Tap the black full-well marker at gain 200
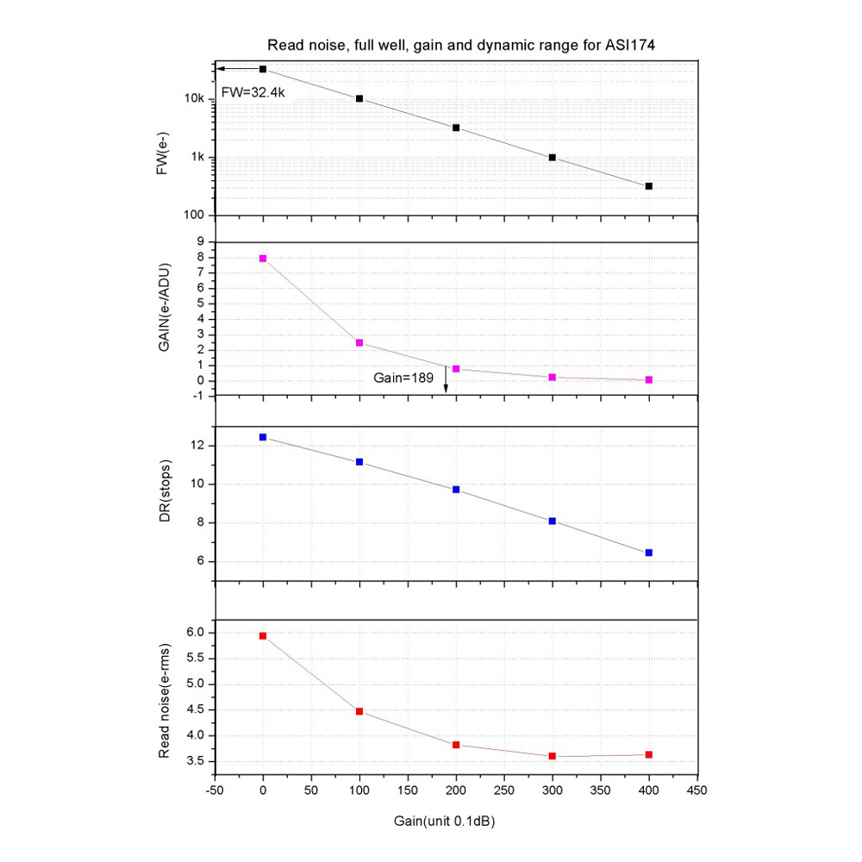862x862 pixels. pyautogui.click(x=456, y=128)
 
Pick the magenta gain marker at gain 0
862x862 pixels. pyautogui.click(x=263, y=259)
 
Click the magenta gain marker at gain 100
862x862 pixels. pyautogui.click(x=359, y=343)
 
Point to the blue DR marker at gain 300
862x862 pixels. pyautogui.click(x=553, y=521)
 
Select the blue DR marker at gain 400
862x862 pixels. pyautogui.click(x=649, y=553)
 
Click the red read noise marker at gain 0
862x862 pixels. pyautogui.click(x=263, y=636)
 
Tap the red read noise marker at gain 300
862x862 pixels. pyautogui.click(x=553, y=756)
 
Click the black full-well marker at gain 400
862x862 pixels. pyautogui.click(x=649, y=186)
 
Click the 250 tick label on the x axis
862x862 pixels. pyautogui.click(x=504, y=790)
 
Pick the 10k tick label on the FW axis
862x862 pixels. pyautogui.click(x=194, y=99)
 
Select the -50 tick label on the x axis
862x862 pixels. pyautogui.click(x=213, y=790)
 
